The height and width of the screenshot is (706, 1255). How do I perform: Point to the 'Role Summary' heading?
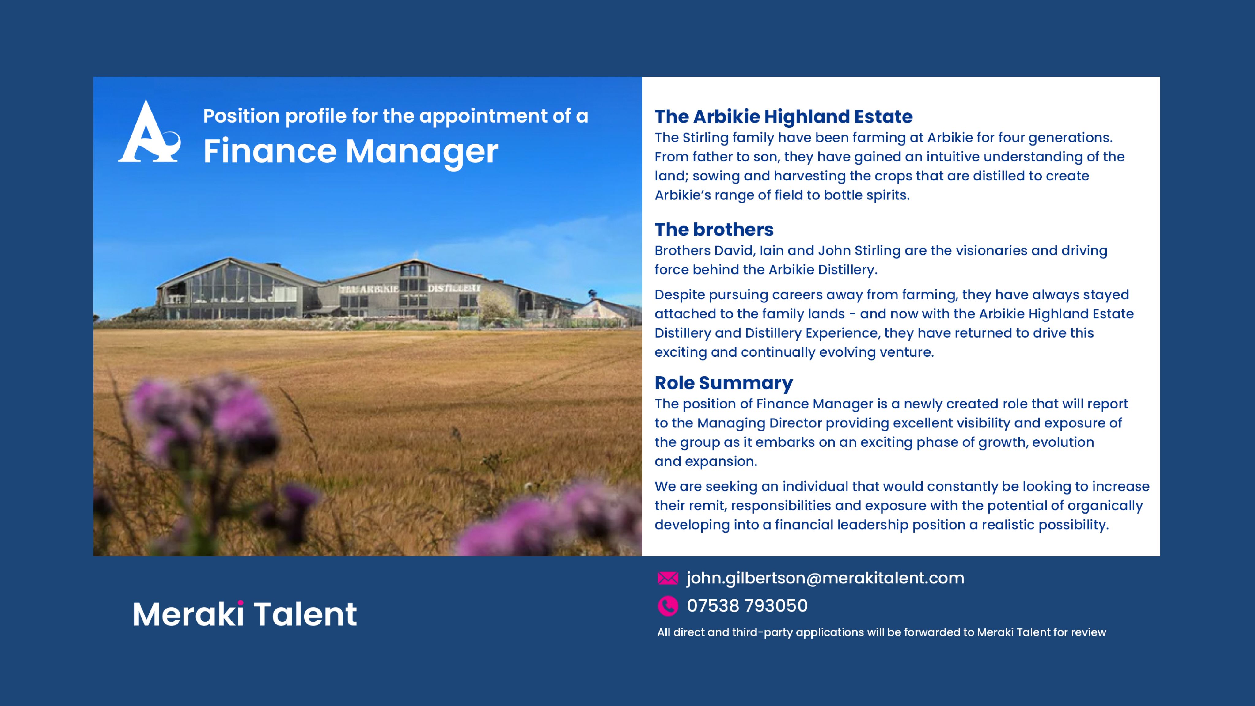(723, 383)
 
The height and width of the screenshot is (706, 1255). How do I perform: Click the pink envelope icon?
(667, 578)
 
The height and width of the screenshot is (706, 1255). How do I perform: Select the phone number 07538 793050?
(747, 605)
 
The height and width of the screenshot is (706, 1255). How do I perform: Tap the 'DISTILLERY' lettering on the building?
(454, 288)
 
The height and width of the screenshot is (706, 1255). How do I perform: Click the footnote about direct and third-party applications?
(881, 632)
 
